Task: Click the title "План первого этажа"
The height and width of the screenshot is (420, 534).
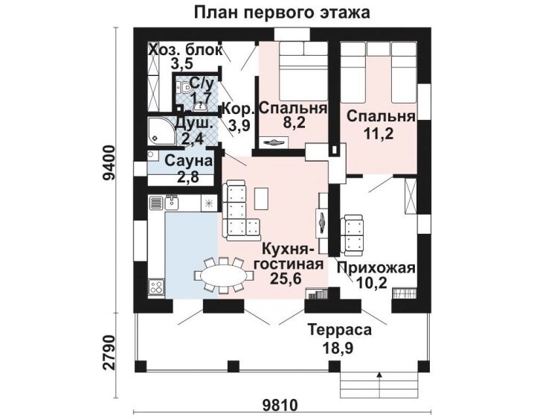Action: point(282,13)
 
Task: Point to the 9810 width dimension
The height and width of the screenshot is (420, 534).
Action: point(280,405)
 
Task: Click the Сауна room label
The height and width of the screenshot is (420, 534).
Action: point(188,162)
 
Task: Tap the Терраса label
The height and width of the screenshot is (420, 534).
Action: point(340,330)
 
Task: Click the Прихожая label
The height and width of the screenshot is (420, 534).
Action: point(376,268)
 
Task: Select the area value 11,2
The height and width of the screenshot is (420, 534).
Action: point(379,134)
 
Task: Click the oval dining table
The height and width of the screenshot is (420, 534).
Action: point(223,275)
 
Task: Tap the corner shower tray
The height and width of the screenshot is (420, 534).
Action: point(162,131)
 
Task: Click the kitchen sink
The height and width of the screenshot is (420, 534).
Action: point(172,203)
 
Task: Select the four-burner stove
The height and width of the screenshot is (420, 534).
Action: point(157,287)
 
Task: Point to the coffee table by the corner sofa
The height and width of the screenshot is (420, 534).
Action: point(262,198)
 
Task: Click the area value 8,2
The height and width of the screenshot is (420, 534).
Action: point(295,123)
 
